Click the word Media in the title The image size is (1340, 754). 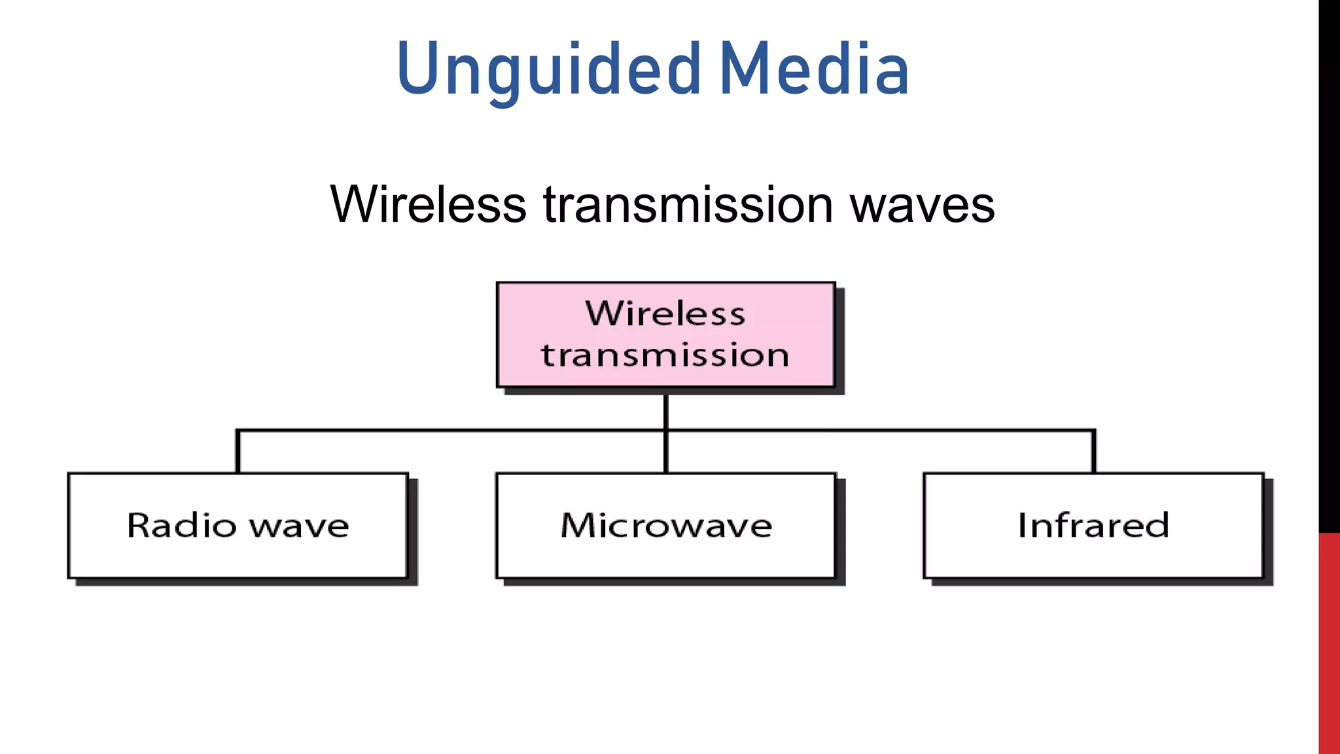(x=814, y=70)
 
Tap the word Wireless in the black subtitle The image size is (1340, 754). (x=428, y=204)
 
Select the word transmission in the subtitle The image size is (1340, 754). (x=688, y=204)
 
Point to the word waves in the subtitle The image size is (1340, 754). (x=922, y=204)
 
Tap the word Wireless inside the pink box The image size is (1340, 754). (x=665, y=314)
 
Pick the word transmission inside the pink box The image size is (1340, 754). (x=665, y=355)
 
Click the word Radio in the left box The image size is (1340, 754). (x=181, y=526)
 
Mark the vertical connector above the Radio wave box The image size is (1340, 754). (x=238, y=452)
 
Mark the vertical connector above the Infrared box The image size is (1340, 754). (x=1093, y=452)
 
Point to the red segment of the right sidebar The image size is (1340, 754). (x=1329, y=641)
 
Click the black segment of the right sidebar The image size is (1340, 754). (x=1329, y=262)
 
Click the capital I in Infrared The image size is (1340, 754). (x=1022, y=525)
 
